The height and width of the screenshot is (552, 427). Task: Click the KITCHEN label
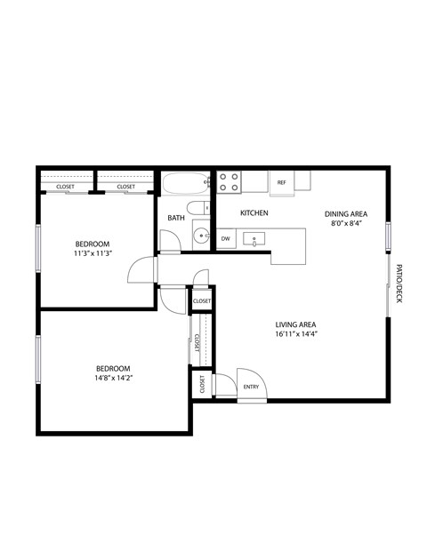pyautogui.click(x=254, y=213)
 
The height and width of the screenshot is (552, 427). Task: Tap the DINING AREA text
pyautogui.click(x=345, y=213)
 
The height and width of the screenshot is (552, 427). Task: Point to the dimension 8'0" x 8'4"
pyautogui.click(x=345, y=224)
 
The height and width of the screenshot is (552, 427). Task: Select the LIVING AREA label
pyautogui.click(x=296, y=324)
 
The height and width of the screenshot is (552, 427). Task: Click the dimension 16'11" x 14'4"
pyautogui.click(x=296, y=335)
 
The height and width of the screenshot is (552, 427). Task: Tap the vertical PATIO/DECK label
pyautogui.click(x=399, y=283)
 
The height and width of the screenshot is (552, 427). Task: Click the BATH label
pyautogui.click(x=176, y=218)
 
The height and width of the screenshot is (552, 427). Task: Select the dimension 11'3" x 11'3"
pyautogui.click(x=92, y=253)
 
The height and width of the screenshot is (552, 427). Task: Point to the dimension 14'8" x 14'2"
pyautogui.click(x=113, y=378)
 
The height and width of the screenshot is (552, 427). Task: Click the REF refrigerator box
pyautogui.click(x=282, y=182)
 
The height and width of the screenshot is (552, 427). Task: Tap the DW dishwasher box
pyautogui.click(x=226, y=238)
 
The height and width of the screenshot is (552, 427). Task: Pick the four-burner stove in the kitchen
pyautogui.click(x=229, y=182)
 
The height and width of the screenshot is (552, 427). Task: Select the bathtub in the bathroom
pyautogui.click(x=185, y=184)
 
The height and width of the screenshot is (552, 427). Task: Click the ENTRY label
pyautogui.click(x=251, y=387)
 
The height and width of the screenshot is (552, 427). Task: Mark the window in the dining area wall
pyautogui.click(x=388, y=236)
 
